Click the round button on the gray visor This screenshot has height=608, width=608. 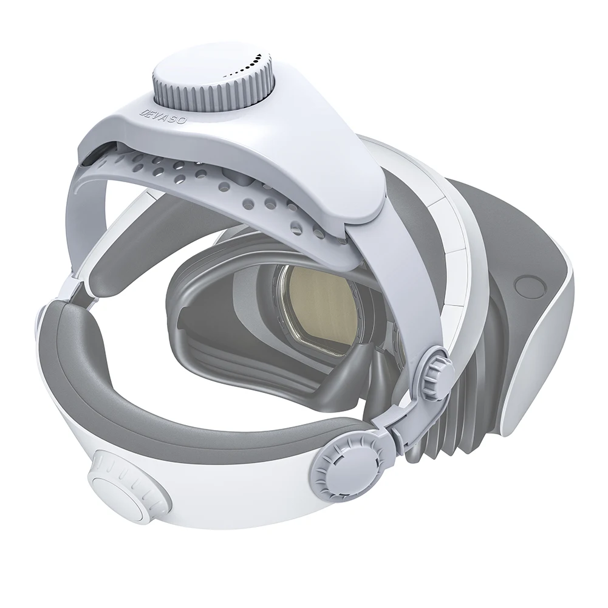[x=524, y=285]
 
